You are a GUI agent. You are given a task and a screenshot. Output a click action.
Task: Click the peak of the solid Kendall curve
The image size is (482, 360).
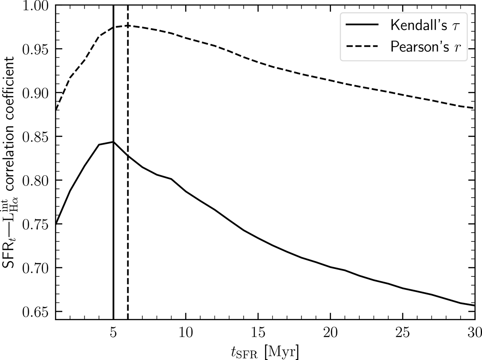(x=114, y=142)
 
